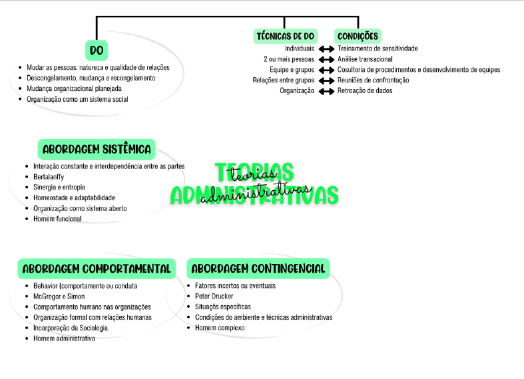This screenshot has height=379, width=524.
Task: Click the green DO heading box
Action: click(97, 51)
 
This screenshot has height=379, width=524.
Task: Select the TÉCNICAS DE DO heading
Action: click(286, 36)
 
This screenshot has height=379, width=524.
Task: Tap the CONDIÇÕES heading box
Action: click(358, 36)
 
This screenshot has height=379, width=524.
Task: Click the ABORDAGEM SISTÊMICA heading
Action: click(97, 149)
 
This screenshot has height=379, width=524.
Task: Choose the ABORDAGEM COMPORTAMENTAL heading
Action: click(96, 269)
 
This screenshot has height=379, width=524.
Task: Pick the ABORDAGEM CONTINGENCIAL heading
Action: click(258, 269)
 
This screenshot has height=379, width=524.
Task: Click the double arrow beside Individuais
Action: click(326, 49)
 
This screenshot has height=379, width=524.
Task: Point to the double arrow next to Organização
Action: click(326, 91)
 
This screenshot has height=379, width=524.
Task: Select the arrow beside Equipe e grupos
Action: click(326, 70)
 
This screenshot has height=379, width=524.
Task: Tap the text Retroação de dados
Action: click(365, 91)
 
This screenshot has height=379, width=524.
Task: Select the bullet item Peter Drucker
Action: click(214, 296)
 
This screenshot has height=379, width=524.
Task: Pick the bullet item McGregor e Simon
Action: click(59, 296)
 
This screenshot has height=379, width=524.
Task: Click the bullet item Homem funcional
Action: click(57, 219)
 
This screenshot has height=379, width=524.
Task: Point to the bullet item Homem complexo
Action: click(220, 328)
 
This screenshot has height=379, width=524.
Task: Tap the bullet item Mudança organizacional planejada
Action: click(74, 88)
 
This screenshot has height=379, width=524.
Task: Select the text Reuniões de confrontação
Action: click(373, 80)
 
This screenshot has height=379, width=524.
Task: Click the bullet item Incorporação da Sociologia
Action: click(71, 328)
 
